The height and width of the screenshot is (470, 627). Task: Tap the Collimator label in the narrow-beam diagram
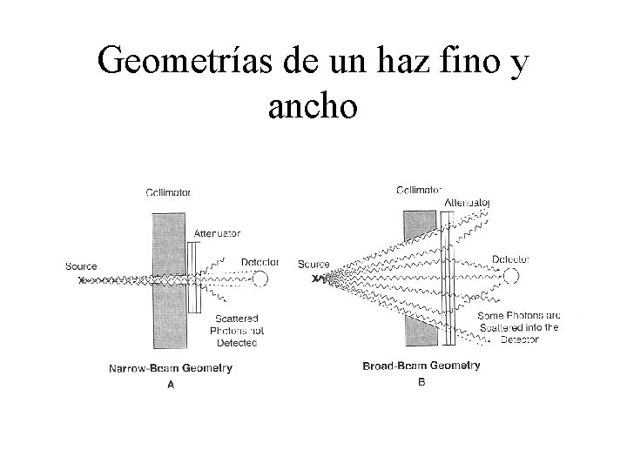pos(168,192)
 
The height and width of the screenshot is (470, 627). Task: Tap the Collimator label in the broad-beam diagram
pos(419,189)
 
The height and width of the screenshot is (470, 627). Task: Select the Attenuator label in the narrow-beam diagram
pos(217,233)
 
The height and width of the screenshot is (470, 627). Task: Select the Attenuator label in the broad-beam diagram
pos(467,202)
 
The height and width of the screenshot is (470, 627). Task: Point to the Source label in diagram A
pos(81,265)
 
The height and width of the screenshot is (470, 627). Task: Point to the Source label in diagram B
pos(313,264)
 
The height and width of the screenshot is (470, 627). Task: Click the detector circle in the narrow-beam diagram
pos(260,279)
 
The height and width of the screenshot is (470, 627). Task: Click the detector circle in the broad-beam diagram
pos(510,276)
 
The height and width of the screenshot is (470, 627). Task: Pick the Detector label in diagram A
pos(259,261)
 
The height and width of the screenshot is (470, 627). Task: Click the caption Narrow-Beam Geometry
pos(170,368)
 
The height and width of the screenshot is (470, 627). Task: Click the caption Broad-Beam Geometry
pos(421,366)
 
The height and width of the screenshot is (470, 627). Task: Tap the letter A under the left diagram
pos(170,386)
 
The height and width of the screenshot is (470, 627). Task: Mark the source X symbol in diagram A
pos(82,280)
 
